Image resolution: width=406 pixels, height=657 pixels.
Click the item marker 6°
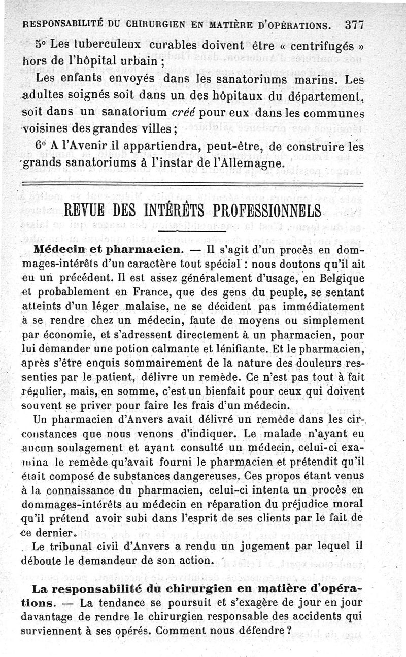[x=42, y=145]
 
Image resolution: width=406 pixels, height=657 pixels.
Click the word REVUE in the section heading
[x=86, y=210]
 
